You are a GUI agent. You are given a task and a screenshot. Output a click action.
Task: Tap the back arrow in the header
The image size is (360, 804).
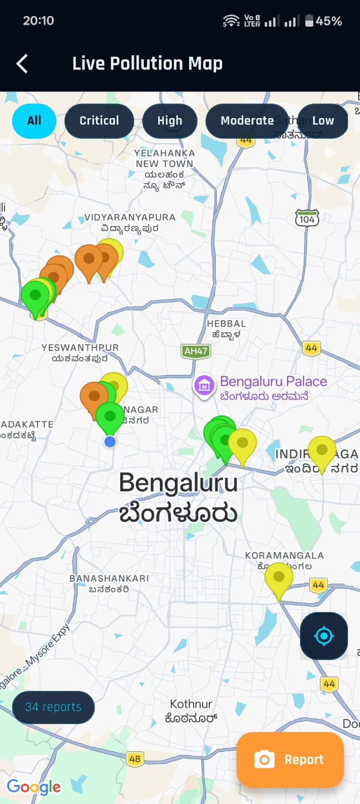coord(22,64)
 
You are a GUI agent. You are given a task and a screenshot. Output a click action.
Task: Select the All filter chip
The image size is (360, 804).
coord(34,121)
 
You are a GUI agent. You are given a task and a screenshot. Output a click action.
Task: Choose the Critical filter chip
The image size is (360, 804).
coord(99,121)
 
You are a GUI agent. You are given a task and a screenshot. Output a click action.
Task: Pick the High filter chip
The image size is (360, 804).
coord(169,121)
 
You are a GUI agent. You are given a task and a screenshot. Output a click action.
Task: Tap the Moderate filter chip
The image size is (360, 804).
coord(247,121)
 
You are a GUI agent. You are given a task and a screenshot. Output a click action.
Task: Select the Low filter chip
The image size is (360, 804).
coord(323,121)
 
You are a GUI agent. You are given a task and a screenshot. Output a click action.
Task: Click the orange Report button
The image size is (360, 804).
coord(290,759)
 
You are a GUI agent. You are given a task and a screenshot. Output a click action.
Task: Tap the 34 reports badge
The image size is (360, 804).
coord(53,707)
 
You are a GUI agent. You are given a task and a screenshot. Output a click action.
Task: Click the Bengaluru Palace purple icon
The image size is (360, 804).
coord(204,386)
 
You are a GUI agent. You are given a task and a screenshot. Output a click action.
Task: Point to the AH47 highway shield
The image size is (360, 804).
coord(196,351)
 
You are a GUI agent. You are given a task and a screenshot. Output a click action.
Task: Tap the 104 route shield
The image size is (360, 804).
coord(307,219)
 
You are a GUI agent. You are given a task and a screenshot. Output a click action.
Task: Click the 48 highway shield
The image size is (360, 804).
coord(135,759)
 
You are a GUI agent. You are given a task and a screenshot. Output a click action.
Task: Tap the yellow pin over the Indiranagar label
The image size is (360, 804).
coord(322,450)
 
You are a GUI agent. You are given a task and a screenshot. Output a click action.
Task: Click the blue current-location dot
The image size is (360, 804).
coord(110,442)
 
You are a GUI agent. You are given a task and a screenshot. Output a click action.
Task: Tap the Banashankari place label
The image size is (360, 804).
coord(109,583)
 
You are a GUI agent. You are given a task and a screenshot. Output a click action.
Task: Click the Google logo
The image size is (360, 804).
coord(34,787)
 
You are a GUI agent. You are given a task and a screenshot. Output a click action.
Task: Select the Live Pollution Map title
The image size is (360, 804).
coord(147,64)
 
